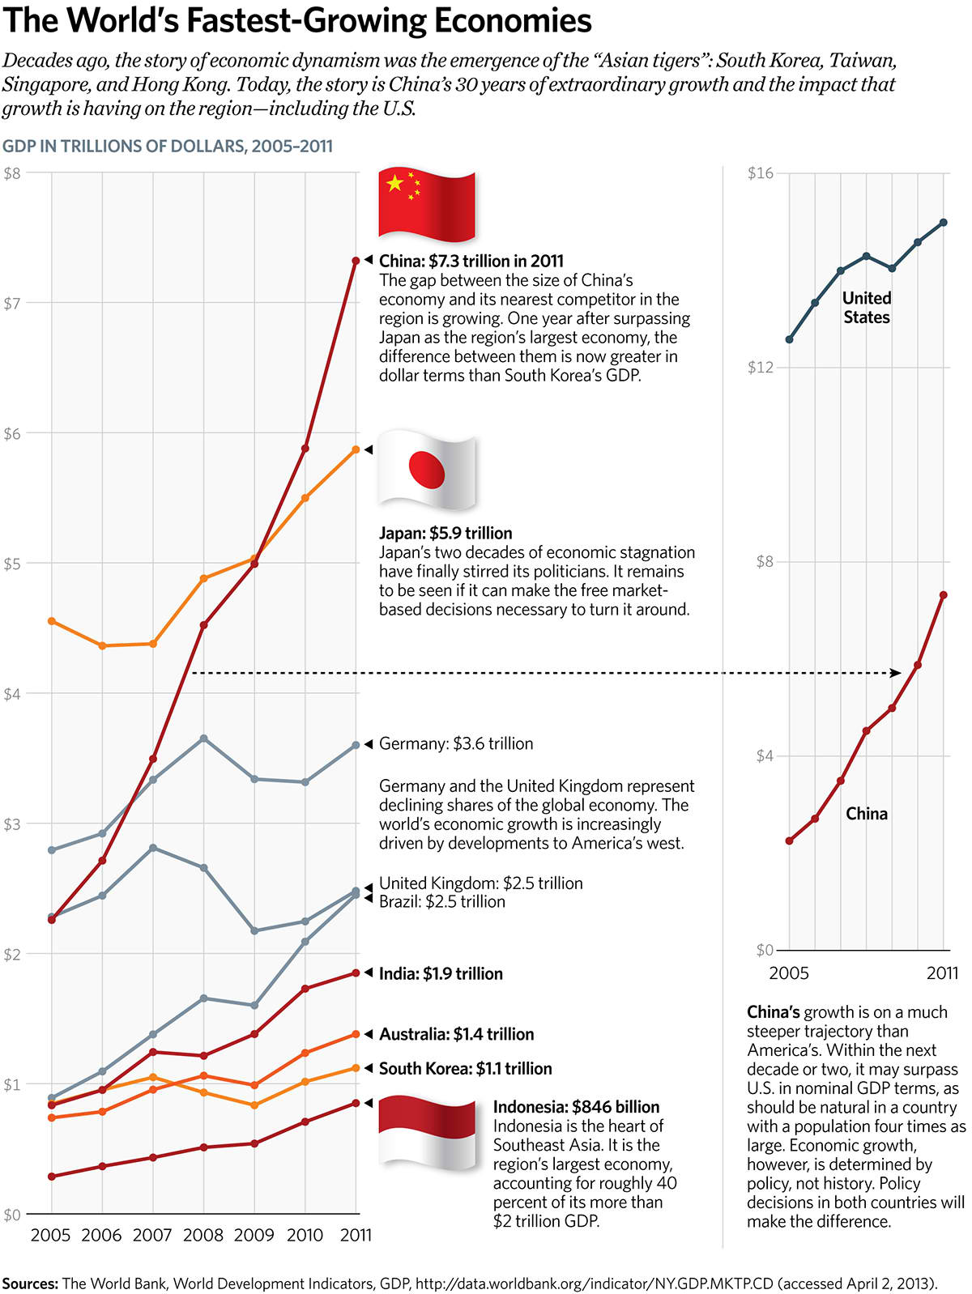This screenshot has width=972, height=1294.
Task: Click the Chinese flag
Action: (x=427, y=206)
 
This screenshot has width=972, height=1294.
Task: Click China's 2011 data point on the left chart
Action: (x=356, y=261)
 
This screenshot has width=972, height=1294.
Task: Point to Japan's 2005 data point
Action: (x=52, y=621)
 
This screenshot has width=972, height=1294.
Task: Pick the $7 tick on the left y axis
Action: (x=11, y=304)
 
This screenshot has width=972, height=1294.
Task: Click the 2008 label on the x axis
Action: (x=203, y=1235)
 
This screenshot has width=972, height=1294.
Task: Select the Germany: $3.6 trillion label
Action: (x=456, y=743)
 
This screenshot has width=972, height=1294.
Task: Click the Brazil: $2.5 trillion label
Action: (x=442, y=902)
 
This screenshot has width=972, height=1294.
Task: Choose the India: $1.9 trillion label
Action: (x=441, y=973)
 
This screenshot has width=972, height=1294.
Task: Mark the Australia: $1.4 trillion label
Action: (x=456, y=1034)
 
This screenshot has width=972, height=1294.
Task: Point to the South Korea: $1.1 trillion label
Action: (x=465, y=1069)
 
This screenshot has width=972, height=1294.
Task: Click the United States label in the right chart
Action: (x=867, y=308)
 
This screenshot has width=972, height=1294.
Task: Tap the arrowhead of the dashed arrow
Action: (x=896, y=673)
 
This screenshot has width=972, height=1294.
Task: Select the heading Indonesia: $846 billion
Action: (x=576, y=1107)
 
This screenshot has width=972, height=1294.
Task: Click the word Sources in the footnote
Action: (x=30, y=1283)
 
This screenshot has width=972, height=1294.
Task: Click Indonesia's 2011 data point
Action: (x=356, y=1103)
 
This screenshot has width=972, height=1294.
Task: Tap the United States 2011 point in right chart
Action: (x=944, y=222)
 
